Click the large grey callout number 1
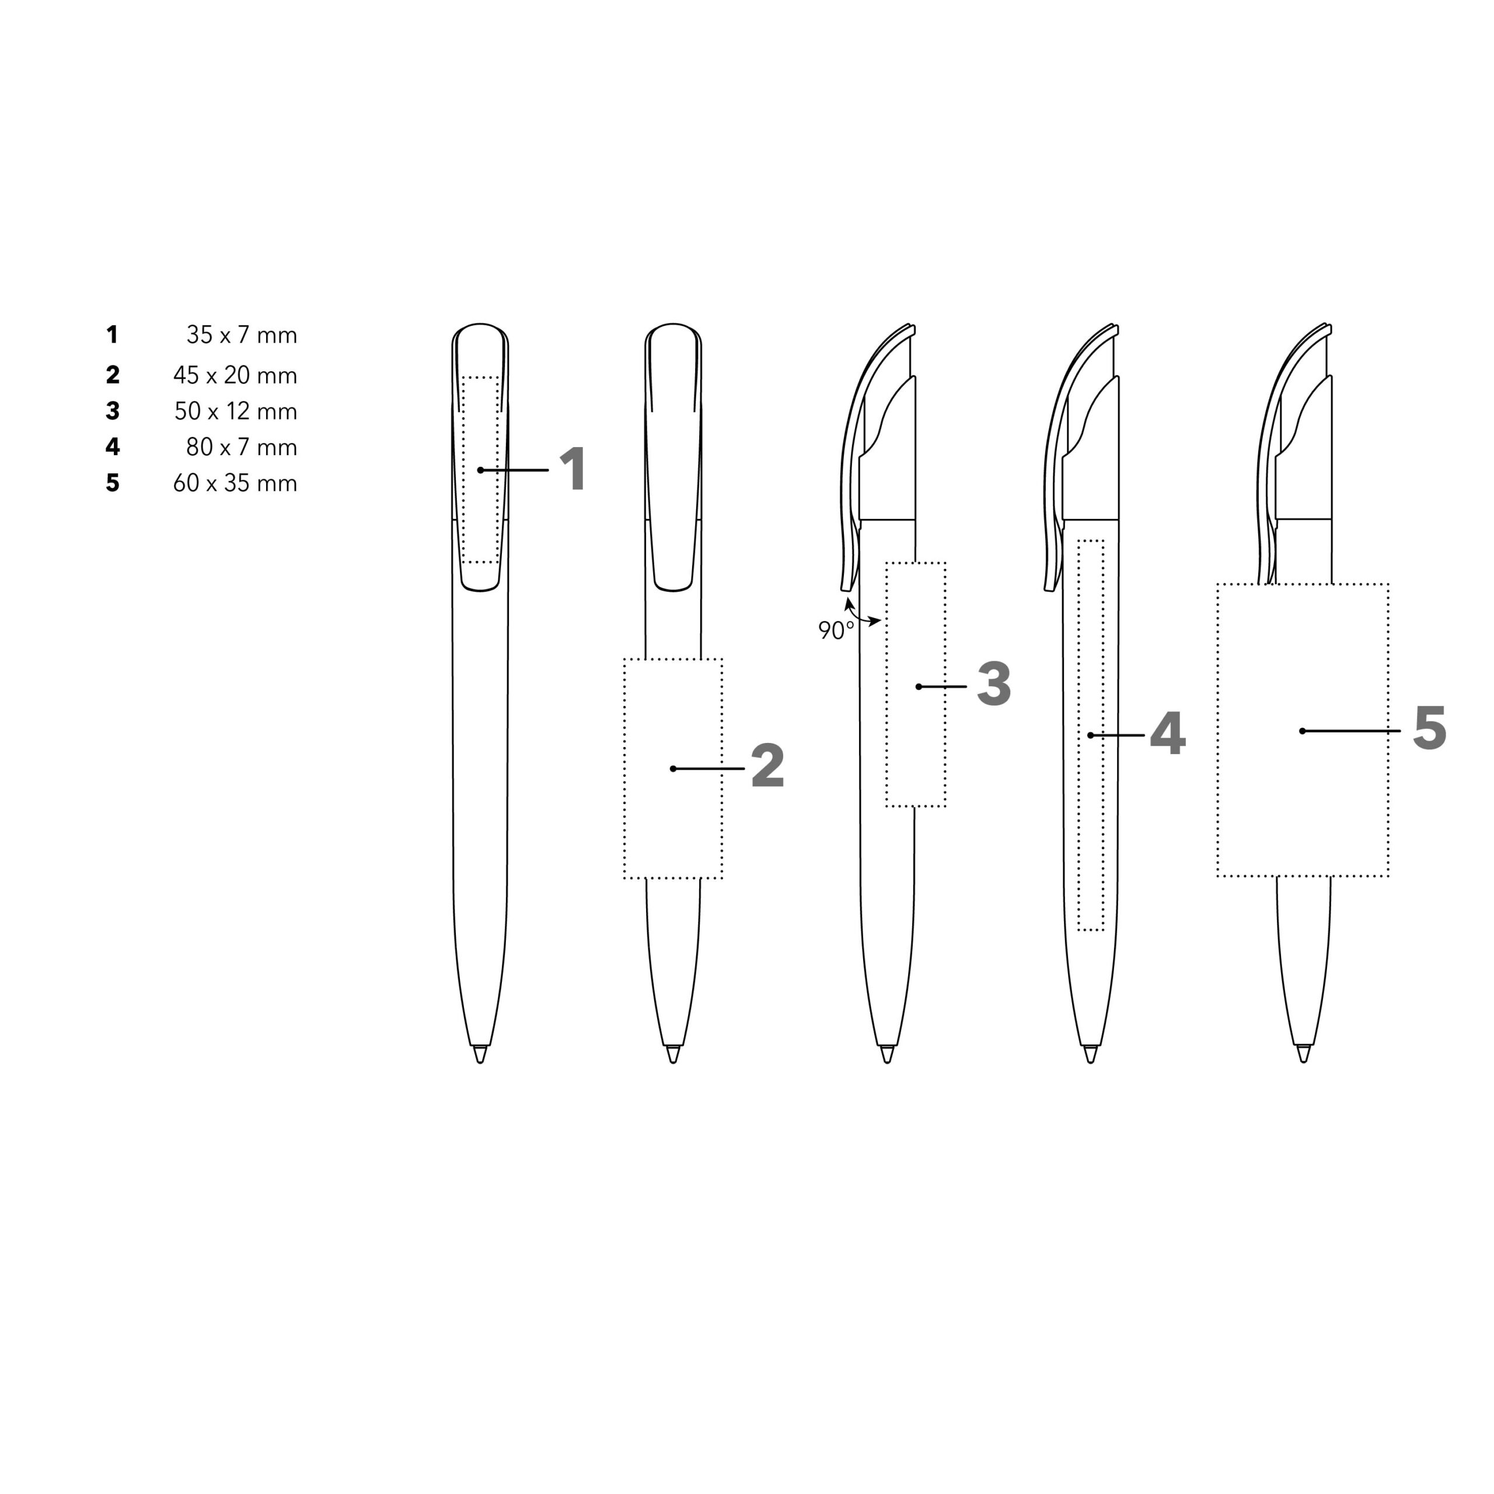[573, 469]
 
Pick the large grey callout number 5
[1429, 728]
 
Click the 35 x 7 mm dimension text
[241, 335]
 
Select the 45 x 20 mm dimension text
[235, 375]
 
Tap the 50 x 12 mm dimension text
[236, 411]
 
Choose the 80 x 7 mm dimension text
[241, 447]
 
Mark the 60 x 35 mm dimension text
[235, 483]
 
